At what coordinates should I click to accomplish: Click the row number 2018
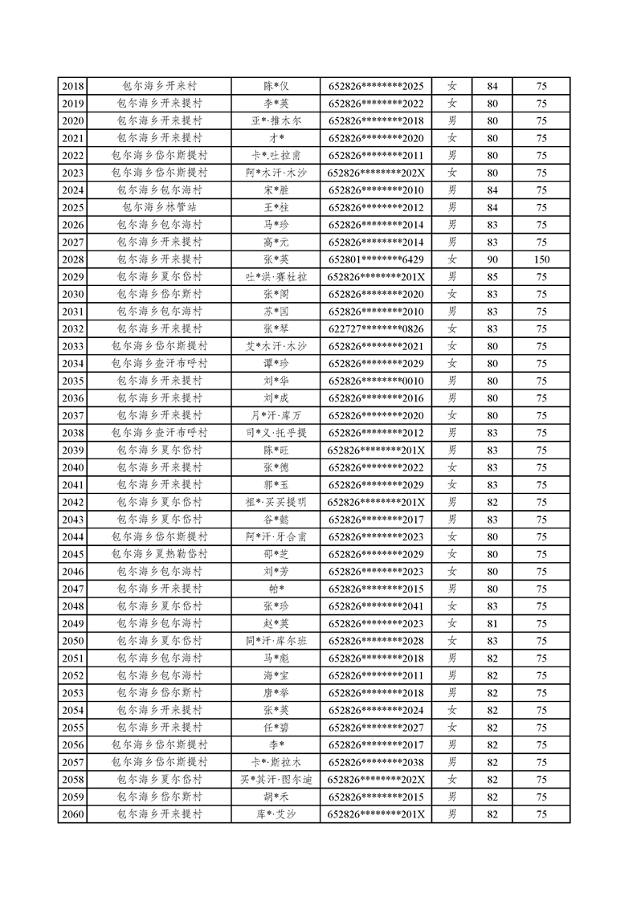(x=72, y=86)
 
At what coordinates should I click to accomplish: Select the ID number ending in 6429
(x=376, y=259)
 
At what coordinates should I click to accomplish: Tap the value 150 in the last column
(x=541, y=259)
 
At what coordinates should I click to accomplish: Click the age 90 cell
(x=492, y=259)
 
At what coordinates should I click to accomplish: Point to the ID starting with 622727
(x=376, y=328)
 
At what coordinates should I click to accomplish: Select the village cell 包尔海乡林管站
(x=159, y=207)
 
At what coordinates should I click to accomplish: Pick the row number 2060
(x=72, y=814)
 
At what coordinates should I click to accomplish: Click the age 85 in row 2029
(x=492, y=276)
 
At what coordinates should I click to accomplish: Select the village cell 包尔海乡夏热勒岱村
(x=159, y=554)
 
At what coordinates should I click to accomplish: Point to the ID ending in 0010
(x=376, y=381)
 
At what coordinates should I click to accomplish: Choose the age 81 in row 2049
(x=492, y=623)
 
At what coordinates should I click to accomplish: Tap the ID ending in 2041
(x=376, y=606)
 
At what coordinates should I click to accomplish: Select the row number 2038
(x=72, y=433)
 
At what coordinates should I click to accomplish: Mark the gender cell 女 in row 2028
(x=452, y=259)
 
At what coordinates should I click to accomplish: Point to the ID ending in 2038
(x=376, y=762)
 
